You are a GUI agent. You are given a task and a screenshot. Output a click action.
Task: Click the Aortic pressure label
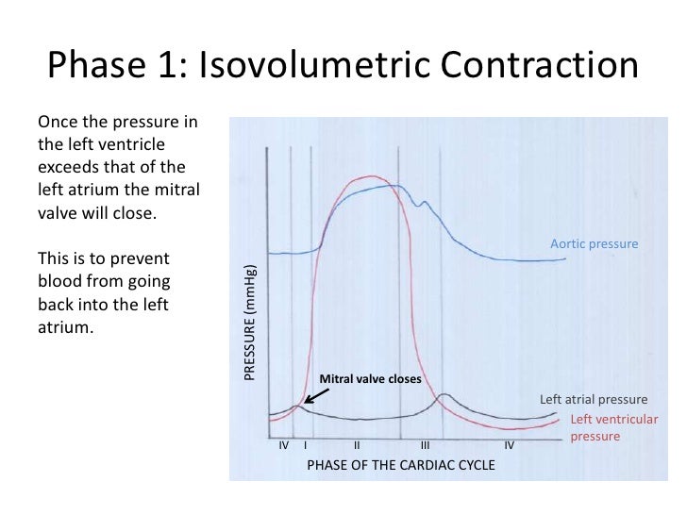594,244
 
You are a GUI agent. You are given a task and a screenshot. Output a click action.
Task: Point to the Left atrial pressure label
593,399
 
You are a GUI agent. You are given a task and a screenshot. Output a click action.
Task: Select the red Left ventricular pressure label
614,427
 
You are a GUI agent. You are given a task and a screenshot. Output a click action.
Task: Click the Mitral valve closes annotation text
370,379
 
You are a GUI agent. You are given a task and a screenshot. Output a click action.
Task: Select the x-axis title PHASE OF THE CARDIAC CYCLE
400,465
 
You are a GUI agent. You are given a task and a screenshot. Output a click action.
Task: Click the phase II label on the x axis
358,444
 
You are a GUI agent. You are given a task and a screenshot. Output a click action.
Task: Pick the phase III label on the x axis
426,444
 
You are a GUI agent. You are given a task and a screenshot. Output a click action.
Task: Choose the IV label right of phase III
509,444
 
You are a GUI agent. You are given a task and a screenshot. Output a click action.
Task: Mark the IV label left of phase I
284,444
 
